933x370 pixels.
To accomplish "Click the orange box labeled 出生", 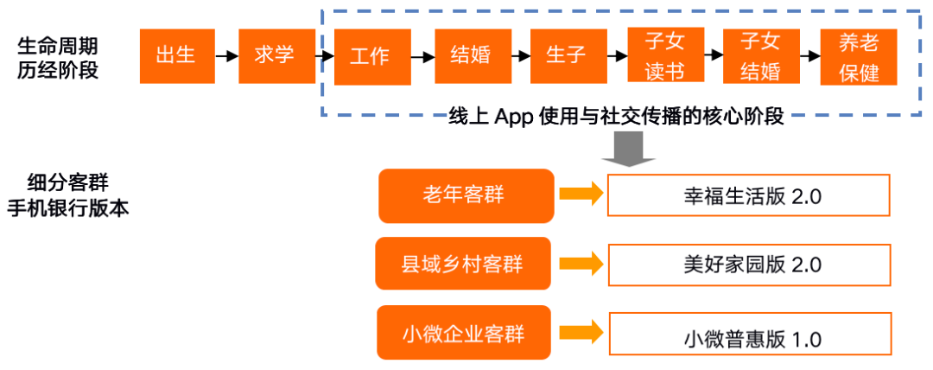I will (x=177, y=56).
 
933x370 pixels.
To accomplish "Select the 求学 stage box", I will (x=275, y=56).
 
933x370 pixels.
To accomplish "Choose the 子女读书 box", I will (x=664, y=56).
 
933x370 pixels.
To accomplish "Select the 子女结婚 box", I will (x=760, y=56).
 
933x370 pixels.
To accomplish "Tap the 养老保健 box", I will (x=859, y=56).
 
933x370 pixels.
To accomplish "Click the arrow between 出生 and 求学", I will (x=226, y=56).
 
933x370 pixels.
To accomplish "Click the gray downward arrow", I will (x=628, y=151).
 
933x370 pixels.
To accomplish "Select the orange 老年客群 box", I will (x=465, y=195).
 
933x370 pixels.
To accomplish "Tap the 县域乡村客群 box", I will (x=462, y=264).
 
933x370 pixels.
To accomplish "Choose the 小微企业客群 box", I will (x=463, y=332).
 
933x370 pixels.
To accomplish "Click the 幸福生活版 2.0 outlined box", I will (x=749, y=195).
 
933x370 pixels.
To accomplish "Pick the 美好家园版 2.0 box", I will (x=749, y=264).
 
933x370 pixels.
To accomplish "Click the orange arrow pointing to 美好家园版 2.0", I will (x=580, y=264).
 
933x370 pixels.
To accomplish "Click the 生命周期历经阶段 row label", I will (x=58, y=57).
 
